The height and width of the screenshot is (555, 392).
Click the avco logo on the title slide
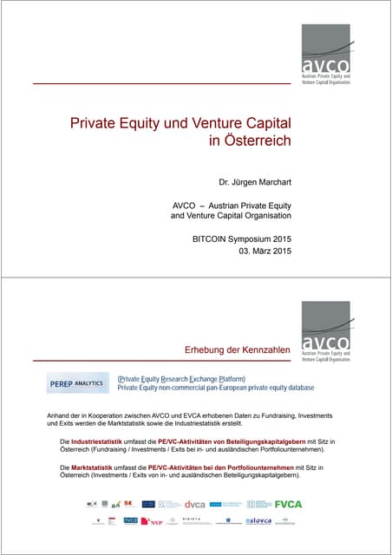click(x=326, y=53)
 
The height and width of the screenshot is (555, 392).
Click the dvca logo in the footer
click(x=195, y=504)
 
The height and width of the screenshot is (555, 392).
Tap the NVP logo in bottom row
click(x=155, y=521)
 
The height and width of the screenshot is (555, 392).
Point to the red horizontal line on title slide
click(x=161, y=83)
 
